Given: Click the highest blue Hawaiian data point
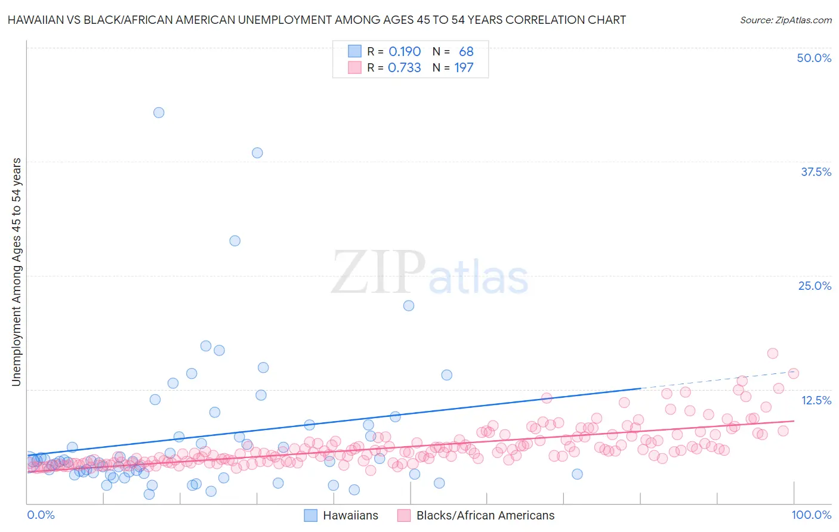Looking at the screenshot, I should [x=159, y=113].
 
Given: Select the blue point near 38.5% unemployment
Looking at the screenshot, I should [x=257, y=153].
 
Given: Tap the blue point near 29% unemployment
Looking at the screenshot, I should [x=235, y=241].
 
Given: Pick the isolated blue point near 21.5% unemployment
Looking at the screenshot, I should [x=409, y=305].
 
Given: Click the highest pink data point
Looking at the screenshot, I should [x=773, y=353].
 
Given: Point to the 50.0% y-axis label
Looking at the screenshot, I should [x=814, y=58].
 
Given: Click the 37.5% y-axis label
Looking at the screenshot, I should [x=816, y=172].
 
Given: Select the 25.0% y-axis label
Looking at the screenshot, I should [x=815, y=286].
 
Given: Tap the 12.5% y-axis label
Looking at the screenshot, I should [x=816, y=400].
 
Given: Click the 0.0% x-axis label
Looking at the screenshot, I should [x=41, y=515].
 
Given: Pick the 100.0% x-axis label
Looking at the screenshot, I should [x=811, y=515].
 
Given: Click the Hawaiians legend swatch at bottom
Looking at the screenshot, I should [x=311, y=515].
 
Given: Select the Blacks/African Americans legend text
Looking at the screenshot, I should [x=485, y=515].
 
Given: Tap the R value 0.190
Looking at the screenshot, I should [x=405, y=52].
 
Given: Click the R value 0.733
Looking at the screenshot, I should [x=405, y=68].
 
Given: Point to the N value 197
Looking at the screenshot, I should [x=464, y=68].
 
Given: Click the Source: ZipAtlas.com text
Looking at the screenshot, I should [x=785, y=20].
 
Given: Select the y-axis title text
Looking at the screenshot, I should [x=17, y=272].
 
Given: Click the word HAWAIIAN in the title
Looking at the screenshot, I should [x=36, y=20].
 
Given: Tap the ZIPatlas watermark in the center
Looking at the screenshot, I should [x=430, y=273].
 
